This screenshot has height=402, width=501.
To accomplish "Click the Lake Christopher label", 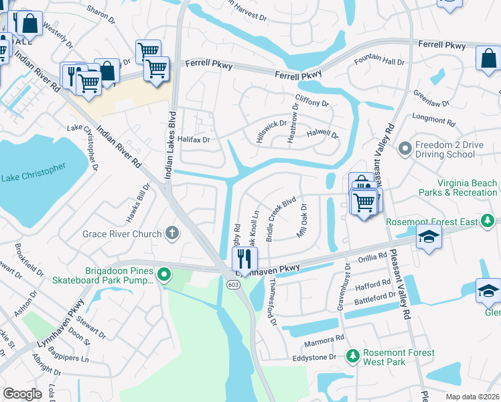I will pyautogui.click(x=33, y=172).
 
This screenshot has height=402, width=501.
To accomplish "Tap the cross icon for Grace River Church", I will pyautogui.click(x=172, y=234).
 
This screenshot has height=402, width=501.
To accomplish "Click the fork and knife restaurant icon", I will pyautogui.click(x=244, y=257).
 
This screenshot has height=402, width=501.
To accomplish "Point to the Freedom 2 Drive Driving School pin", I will pyautogui.click(x=404, y=148).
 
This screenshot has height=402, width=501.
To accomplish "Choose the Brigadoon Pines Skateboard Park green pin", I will pyautogui.click(x=161, y=275).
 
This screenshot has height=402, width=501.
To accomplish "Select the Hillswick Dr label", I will pyautogui.click(x=271, y=128).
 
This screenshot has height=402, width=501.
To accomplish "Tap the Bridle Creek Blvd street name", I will pyautogui.click(x=281, y=219).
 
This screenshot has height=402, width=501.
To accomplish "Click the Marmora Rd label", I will pyautogui.click(x=330, y=338).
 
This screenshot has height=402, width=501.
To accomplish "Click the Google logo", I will pyautogui.click(x=23, y=394).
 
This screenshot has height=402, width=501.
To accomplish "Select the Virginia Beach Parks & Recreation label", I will pyautogui.click(x=467, y=188).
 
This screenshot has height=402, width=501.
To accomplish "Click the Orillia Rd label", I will pyautogui.click(x=372, y=256).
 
